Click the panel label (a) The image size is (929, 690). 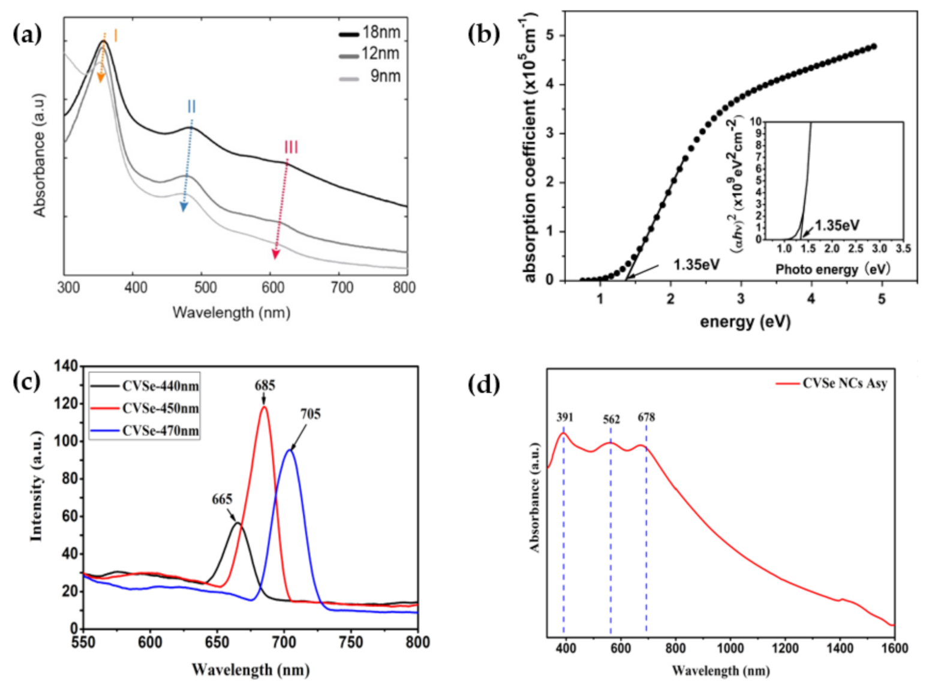tap(28, 35)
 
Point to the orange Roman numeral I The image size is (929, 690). tap(115, 36)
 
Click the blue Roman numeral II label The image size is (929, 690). tap(191, 107)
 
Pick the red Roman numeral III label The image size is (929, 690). tap(291, 147)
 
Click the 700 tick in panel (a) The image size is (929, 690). tap(342, 288)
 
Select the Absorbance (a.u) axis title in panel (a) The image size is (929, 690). tap(40, 155)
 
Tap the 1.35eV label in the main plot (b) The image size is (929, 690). tap(696, 264)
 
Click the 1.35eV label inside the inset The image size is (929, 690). tap(837, 226)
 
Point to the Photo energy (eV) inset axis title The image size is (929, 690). tap(833, 270)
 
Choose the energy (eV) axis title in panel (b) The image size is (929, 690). tap(745, 322)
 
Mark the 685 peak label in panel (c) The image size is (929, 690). tap(264, 385)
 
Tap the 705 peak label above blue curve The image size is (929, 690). tap(311, 414)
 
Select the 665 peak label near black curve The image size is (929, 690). tap(222, 499)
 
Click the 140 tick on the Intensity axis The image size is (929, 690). tap(66, 366)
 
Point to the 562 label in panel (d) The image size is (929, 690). tap(611, 419)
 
